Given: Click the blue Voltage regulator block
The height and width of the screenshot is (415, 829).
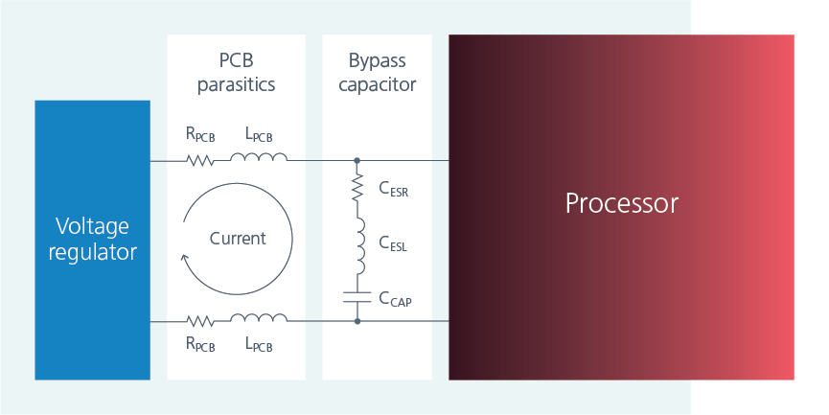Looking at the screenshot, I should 92,240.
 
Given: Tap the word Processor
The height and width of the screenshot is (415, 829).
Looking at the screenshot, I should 621,203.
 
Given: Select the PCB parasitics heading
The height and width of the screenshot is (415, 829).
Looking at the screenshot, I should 236,73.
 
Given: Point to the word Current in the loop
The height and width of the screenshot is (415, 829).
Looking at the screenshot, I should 237,238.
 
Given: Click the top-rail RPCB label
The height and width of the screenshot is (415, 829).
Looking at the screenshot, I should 200,135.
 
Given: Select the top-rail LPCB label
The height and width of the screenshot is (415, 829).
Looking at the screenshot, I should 258,135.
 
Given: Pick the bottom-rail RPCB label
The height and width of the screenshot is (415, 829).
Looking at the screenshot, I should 200,344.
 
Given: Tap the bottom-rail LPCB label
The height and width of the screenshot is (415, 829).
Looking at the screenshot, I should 258,344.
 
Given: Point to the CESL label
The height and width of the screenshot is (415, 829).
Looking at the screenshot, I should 393,245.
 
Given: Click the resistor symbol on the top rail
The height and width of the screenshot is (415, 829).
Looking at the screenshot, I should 200,160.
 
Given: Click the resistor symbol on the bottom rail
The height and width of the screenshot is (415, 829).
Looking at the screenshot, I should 200,321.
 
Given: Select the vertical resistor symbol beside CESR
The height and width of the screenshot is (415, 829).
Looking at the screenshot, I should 357,188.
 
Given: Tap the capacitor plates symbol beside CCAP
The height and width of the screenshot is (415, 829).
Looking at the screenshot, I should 357,297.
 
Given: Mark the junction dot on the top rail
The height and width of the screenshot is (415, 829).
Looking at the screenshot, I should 357,160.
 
